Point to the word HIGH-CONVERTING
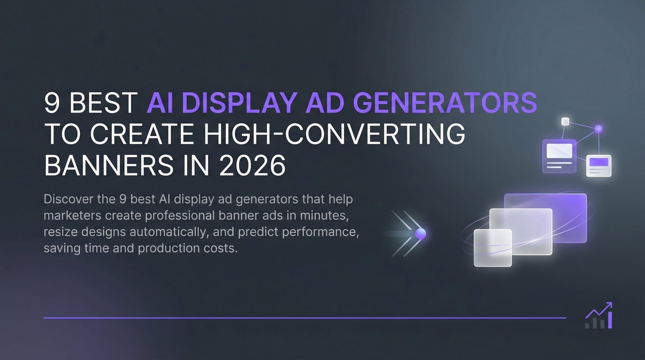[335, 134]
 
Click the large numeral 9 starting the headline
[52, 102]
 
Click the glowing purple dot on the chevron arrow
[420, 234]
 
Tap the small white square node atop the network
[565, 121]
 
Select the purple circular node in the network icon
[599, 129]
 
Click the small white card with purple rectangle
[599, 166]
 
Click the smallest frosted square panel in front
[492, 248]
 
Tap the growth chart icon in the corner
[599, 316]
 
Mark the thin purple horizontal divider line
[302, 318]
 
